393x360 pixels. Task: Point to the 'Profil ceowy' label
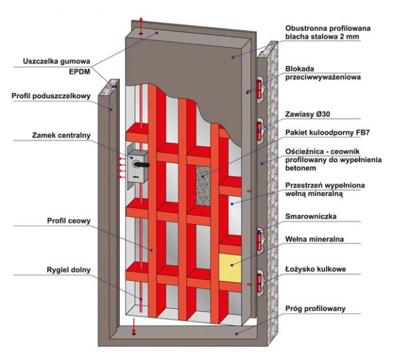[x=69, y=220]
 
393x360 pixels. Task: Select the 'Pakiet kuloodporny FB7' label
[x=325, y=132]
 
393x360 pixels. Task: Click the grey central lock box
[x=139, y=165]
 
